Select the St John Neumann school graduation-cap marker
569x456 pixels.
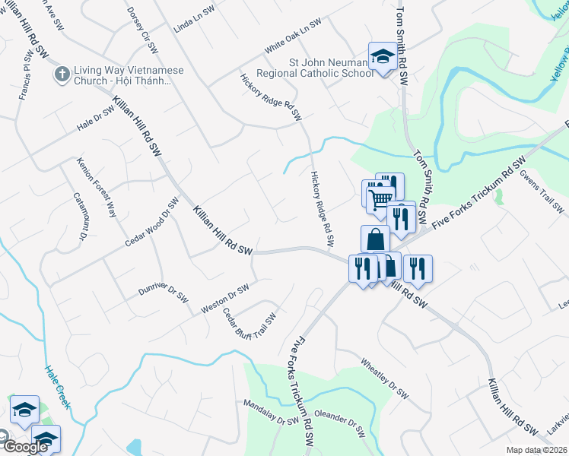coord(381,55)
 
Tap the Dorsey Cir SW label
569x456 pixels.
coord(142,30)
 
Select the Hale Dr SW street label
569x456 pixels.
coord(94,117)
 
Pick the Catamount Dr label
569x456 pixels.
coord(80,217)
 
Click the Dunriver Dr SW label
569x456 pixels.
coord(163,293)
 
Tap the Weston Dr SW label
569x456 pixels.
coord(225,299)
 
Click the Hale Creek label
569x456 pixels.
coord(56,387)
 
